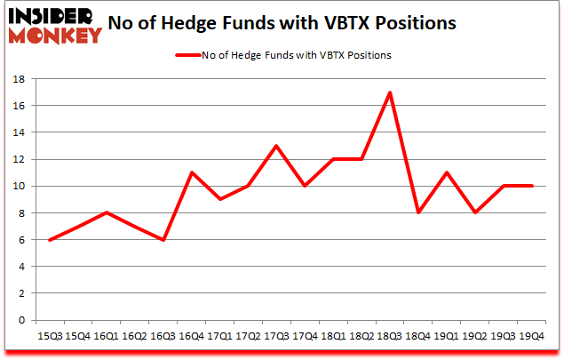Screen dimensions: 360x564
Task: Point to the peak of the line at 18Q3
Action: click(390, 92)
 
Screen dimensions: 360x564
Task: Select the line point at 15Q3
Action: click(49, 240)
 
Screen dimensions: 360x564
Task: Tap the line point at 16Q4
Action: click(191, 172)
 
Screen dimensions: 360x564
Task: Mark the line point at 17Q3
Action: click(276, 146)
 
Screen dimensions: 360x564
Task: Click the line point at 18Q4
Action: click(418, 213)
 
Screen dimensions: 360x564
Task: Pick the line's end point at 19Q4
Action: click(532, 186)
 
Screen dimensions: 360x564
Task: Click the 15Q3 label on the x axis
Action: click(49, 336)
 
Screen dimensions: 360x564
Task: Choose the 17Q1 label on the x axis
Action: click(219, 336)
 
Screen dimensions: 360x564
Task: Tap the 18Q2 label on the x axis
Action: click(361, 336)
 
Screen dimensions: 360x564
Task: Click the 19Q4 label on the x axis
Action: click(532, 336)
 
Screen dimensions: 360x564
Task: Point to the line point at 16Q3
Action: click(163, 240)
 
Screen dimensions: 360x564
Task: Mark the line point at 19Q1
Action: click(447, 172)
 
